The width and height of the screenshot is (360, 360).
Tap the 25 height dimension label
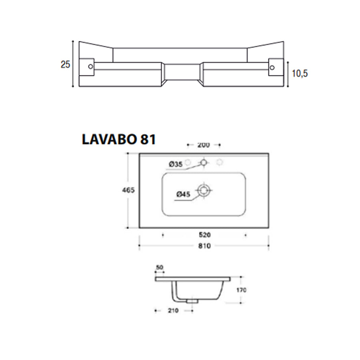pyautogui.click(x=66, y=64)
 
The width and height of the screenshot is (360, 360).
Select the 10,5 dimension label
pyautogui.click(x=300, y=74)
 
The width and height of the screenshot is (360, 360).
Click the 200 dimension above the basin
pyautogui.click(x=204, y=145)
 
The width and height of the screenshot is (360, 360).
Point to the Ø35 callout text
pyautogui.click(x=175, y=164)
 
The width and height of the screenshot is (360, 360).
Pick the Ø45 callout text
pyautogui.click(x=182, y=194)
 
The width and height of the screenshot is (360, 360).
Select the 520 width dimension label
pyautogui.click(x=204, y=235)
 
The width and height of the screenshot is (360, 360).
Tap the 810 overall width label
pyautogui.click(x=204, y=246)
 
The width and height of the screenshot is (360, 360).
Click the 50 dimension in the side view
pyautogui.click(x=160, y=267)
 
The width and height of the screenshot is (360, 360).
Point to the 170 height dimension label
pyautogui.click(x=240, y=290)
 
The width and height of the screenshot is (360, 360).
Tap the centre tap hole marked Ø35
pyautogui.click(x=204, y=162)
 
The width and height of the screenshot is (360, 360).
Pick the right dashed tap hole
pyautogui.click(x=219, y=162)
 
